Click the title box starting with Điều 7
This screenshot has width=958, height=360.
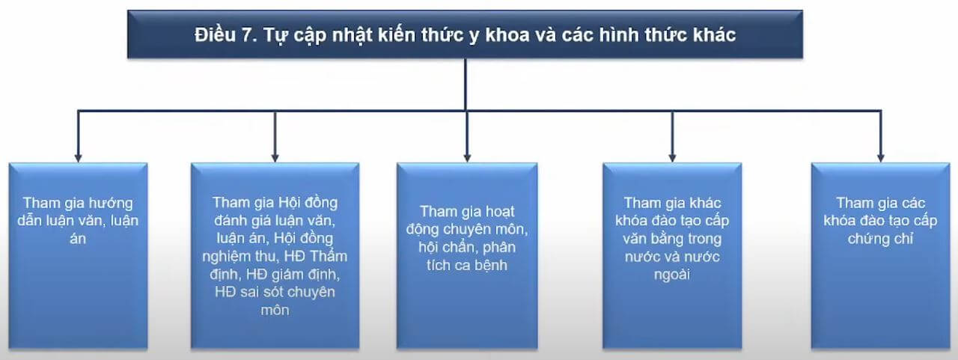(x=465, y=34)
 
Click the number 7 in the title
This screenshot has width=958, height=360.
(x=248, y=34)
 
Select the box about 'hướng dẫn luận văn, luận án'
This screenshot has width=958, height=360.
(x=79, y=256)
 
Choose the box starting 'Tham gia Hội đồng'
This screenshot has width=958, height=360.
(x=275, y=256)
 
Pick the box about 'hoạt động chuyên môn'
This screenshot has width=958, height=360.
(x=467, y=256)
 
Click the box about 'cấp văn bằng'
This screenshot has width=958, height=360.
(x=672, y=256)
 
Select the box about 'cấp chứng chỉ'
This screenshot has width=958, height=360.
(x=881, y=256)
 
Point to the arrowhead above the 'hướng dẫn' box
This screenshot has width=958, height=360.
(x=78, y=158)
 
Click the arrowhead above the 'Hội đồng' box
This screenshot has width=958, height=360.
(x=275, y=158)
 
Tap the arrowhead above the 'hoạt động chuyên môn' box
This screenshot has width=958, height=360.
(x=467, y=158)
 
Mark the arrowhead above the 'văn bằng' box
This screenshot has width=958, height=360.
(x=672, y=158)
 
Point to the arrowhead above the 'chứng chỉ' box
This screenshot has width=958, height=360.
(x=881, y=158)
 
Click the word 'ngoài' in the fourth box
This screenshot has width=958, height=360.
(x=672, y=275)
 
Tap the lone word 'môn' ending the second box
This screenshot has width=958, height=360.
(x=275, y=310)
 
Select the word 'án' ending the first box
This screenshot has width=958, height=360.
(x=78, y=238)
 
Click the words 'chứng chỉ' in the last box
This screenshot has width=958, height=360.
(x=881, y=239)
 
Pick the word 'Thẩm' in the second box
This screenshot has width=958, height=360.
(x=329, y=256)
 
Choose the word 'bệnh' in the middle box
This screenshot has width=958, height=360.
(x=491, y=265)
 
